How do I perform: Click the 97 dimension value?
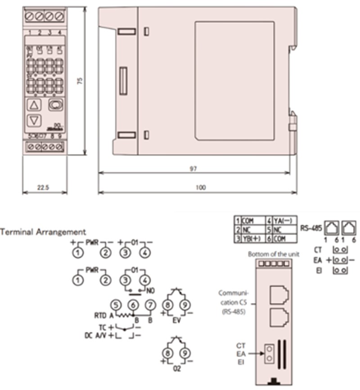click(x=197, y=168)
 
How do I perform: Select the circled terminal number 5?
click(x=116, y=306)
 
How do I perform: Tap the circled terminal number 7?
click(x=150, y=306)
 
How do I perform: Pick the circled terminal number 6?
click(x=133, y=306)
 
